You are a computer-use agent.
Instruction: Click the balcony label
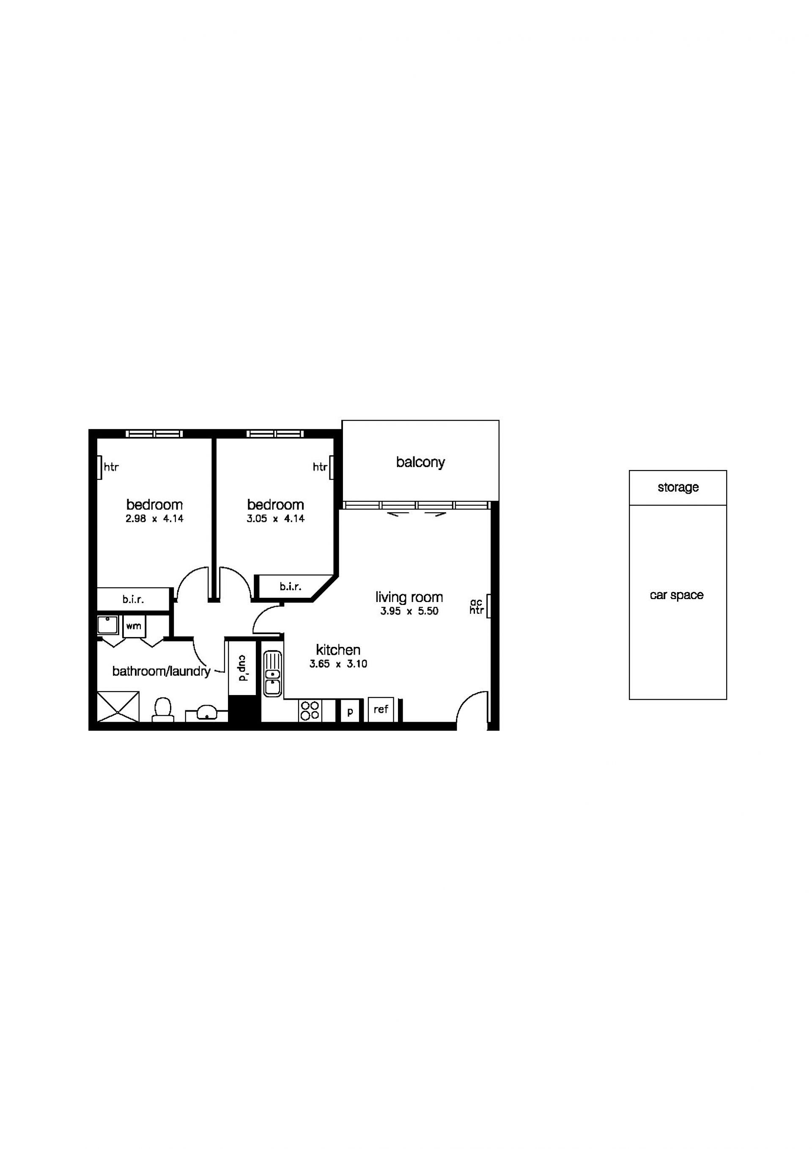coord(420,462)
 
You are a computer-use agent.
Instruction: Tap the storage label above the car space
coord(678,487)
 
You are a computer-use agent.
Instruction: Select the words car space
coord(676,595)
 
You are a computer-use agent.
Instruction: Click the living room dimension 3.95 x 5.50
coord(409,611)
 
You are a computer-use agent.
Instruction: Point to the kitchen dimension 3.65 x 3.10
coord(338,664)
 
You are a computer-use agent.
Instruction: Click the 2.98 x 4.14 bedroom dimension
coord(155,519)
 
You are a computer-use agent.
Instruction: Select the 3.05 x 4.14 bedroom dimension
coord(276,519)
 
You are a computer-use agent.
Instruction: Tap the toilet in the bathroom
coord(162,709)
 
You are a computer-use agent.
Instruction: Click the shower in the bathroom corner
coord(118,706)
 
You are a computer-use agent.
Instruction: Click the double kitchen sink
coord(273,673)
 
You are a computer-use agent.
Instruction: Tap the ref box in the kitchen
coord(381,709)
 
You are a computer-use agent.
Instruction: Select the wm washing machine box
coord(134,626)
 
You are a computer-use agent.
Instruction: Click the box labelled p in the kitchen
coord(350,711)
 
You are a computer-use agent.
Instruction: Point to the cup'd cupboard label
coord(241,668)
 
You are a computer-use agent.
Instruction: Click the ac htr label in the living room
coord(477,607)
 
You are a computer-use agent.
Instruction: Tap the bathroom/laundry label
coord(161,671)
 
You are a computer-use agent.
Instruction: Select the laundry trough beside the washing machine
coord(107,626)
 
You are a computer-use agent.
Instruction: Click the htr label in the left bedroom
coord(111,467)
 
